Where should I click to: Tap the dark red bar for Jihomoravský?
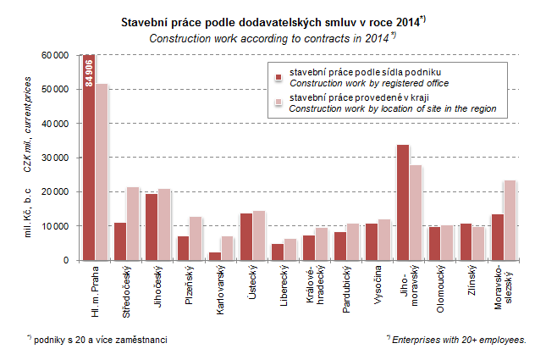click(403, 203)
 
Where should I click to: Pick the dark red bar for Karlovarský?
click(215, 256)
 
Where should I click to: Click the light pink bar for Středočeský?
click(133, 224)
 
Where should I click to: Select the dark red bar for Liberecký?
click(277, 252)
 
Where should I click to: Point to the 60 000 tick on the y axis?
click(55, 55)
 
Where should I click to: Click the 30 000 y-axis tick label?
click(55, 158)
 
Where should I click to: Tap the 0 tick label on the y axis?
click(65, 260)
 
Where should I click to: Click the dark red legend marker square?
click(277, 78)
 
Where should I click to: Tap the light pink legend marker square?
click(277, 103)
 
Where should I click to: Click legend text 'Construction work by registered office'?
click(369, 83)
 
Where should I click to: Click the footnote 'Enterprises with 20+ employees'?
click(459, 339)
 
